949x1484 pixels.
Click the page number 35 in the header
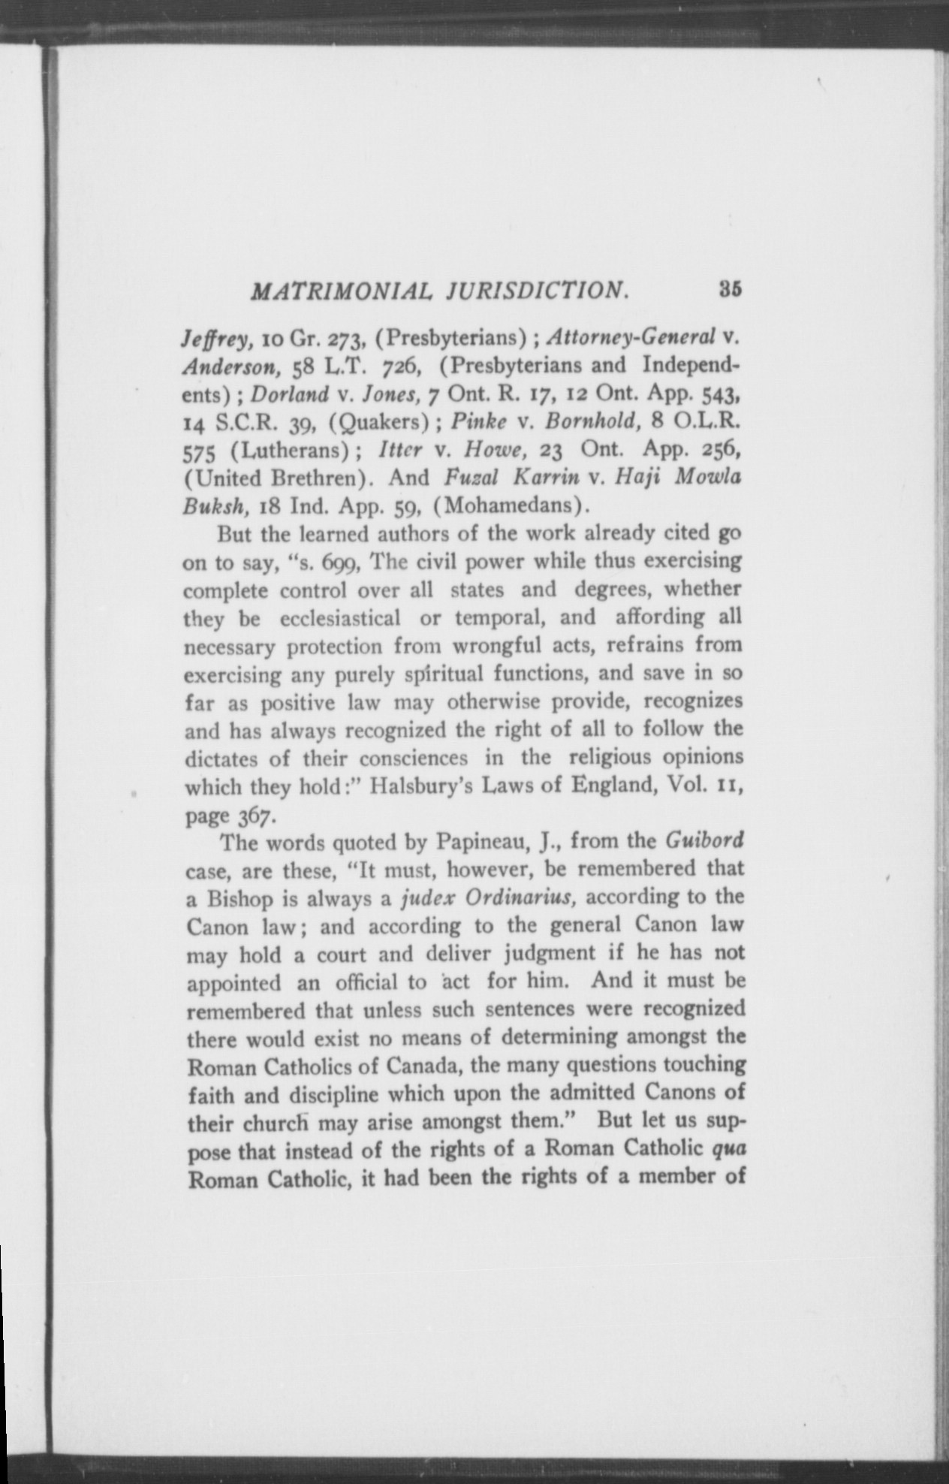tap(729, 289)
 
